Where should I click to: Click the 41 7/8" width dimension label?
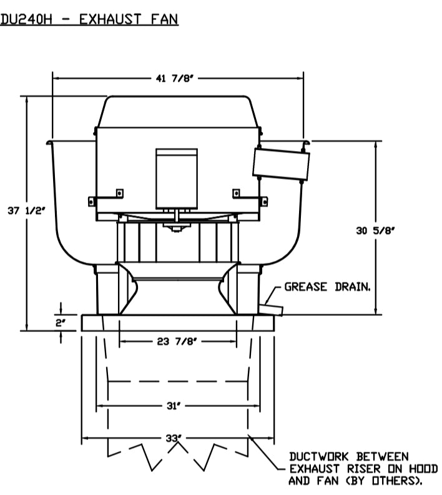(174, 78)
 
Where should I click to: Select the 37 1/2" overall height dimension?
(27, 210)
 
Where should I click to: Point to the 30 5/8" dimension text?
(375, 230)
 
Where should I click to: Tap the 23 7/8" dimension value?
(177, 341)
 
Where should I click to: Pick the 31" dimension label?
(174, 406)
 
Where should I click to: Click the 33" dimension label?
(174, 438)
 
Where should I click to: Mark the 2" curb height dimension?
(61, 323)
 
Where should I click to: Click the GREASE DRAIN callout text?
(327, 287)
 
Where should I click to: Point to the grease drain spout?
(271, 310)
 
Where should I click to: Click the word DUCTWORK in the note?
(319, 456)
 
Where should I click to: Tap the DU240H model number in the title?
(26, 19)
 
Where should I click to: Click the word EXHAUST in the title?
(110, 19)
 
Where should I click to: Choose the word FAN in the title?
(164, 19)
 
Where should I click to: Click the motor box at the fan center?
(177, 179)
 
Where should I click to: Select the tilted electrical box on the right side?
(281, 164)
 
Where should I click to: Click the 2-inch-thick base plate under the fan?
(178, 323)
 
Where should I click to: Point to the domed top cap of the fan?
(178, 112)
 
